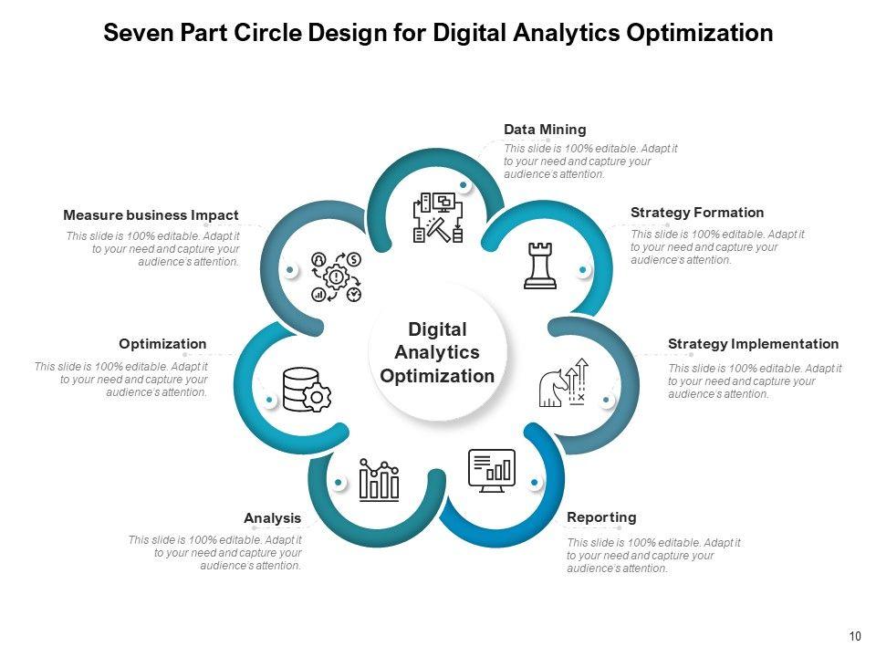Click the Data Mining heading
pyautogui.click(x=545, y=130)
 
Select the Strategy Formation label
pyautogui.click(x=697, y=213)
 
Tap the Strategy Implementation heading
pyautogui.click(x=753, y=344)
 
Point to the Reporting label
pyautogui.click(x=601, y=517)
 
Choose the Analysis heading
pyautogui.click(x=272, y=518)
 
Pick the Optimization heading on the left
pyautogui.click(x=162, y=344)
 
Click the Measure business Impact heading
pyautogui.click(x=151, y=215)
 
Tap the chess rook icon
pyautogui.click(x=540, y=266)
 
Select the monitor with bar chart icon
pyautogui.click(x=492, y=470)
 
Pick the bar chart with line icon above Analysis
pyautogui.click(x=379, y=479)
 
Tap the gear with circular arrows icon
pyautogui.click(x=336, y=276)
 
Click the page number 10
pyautogui.click(x=854, y=636)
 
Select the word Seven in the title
pyautogui.click(x=135, y=34)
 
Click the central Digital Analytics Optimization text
pyautogui.click(x=437, y=352)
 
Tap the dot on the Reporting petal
pyautogui.click(x=534, y=482)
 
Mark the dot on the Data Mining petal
pyautogui.click(x=464, y=185)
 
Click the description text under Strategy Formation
pyautogui.click(x=717, y=246)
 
